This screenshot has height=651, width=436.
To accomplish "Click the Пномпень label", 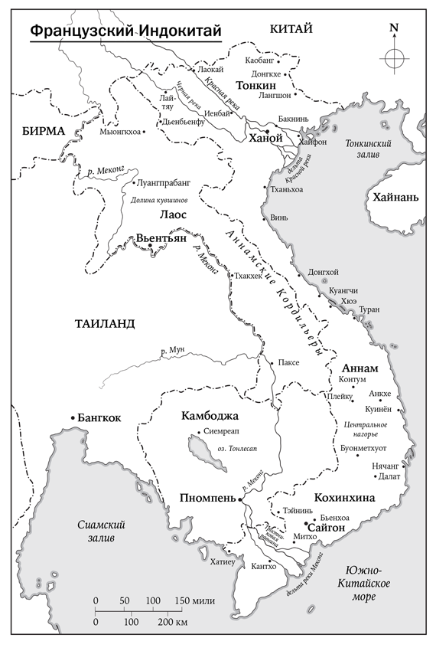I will coord(207,498).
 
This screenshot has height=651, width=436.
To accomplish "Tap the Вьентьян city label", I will coord(161,239).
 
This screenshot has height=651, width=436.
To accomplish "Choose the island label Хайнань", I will coord(395,197).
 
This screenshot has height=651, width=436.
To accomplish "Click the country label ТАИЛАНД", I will coord(105,323).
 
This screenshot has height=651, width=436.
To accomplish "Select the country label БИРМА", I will coord(44,131).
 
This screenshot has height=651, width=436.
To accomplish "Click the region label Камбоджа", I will coord(210,416).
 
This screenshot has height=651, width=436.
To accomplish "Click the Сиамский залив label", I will coord(102,531).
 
